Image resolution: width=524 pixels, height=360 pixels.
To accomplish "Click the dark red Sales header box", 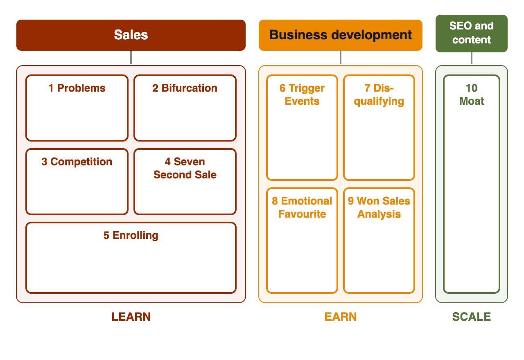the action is (131, 35).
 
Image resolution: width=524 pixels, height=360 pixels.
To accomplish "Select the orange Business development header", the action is (340, 35).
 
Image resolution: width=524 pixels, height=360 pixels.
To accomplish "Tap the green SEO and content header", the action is (471, 34).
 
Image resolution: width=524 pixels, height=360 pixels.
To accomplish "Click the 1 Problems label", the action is (77, 88).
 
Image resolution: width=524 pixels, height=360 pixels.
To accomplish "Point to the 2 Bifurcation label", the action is (185, 88).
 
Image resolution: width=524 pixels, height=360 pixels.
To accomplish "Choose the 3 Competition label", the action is (77, 162).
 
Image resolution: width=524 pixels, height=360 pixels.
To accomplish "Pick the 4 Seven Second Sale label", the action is (185, 168).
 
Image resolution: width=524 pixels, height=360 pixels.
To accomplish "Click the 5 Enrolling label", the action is (131, 235).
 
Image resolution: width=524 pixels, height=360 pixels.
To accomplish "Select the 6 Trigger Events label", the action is (302, 94).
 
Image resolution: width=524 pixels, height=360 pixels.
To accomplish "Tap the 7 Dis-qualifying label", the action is (379, 94).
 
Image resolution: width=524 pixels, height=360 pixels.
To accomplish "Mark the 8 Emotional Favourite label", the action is (302, 207).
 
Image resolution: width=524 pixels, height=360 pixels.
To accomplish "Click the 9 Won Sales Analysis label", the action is (379, 207).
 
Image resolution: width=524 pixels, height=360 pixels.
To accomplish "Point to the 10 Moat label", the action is (472, 94).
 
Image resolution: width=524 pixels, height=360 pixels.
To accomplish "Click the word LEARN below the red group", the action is (131, 317).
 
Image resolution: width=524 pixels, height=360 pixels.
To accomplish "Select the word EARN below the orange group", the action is (341, 317).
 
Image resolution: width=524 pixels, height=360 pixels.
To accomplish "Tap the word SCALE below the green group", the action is (472, 317).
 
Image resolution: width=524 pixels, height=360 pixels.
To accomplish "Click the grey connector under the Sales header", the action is (131, 57).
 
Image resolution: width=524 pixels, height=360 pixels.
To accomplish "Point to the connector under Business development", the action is (341, 57).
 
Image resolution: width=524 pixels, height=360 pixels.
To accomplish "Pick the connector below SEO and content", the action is (472, 58).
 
